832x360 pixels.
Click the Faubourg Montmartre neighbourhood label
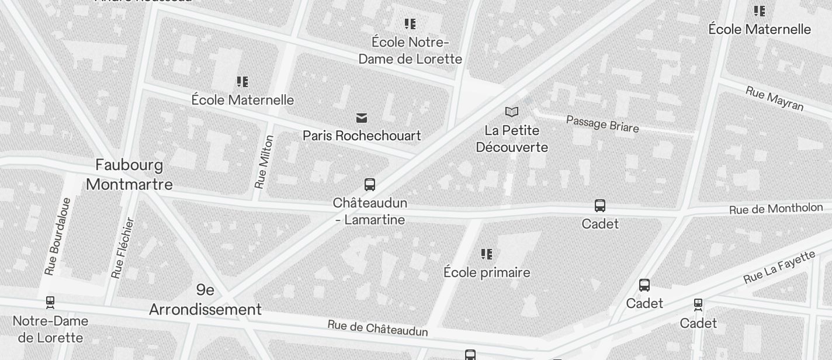129,175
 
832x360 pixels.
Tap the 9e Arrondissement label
205,300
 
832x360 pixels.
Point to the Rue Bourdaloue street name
58,237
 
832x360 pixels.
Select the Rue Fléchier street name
123,248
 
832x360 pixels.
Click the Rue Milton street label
264,162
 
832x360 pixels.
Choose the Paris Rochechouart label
362,136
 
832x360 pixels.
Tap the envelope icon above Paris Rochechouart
362,118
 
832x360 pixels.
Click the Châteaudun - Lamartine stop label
370,212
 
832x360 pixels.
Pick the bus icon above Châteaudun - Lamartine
370,185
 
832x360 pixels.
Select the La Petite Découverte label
512,139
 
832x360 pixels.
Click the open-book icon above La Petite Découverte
512,112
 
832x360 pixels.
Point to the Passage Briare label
602,123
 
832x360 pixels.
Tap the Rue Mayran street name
775,98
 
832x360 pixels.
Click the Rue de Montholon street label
776,209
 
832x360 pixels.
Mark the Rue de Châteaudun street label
377,328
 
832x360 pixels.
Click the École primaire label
487,272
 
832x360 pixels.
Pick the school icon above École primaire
487,254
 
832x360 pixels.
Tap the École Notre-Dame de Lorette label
410,51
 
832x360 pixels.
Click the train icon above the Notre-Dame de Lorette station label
50,303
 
